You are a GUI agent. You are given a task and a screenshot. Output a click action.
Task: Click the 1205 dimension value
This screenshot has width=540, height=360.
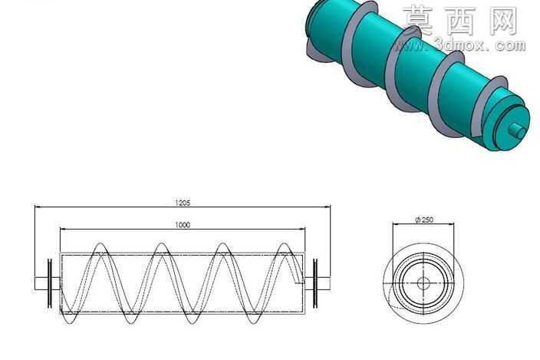[183, 203]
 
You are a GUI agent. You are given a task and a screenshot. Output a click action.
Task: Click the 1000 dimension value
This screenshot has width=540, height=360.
[183, 225]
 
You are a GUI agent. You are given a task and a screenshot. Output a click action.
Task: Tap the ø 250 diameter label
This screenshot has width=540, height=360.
[424, 220]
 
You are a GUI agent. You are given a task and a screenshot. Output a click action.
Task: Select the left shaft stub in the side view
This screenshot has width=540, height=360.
[41, 283]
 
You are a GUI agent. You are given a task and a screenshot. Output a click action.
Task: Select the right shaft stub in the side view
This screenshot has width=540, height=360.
[324, 283]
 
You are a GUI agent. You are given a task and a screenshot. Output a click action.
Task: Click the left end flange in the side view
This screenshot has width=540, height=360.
[50, 283]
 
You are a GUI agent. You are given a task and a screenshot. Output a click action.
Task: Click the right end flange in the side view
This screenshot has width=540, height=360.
[315, 283]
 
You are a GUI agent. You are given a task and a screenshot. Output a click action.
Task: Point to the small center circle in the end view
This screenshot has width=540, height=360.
[423, 283]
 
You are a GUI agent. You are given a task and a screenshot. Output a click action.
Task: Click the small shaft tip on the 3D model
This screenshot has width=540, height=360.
[517, 130]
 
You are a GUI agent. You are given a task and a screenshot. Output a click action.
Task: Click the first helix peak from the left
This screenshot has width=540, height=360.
[100, 244]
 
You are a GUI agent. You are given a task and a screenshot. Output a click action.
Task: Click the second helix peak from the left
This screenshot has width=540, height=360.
[161, 244]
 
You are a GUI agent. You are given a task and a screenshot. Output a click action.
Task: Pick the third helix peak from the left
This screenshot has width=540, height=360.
[222, 244]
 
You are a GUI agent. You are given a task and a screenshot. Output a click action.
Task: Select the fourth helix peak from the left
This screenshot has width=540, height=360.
[284, 244]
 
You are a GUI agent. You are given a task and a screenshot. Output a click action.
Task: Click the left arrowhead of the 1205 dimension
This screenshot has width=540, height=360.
[38, 207]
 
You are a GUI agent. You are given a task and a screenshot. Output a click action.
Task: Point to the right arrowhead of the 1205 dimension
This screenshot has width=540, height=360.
[328, 207]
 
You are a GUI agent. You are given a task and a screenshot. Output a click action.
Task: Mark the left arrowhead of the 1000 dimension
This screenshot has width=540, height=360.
[63, 229]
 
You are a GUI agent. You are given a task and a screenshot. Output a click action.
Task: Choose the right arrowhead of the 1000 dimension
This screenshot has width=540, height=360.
[302, 229]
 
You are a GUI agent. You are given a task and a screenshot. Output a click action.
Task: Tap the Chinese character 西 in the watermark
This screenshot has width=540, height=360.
[461, 21]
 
